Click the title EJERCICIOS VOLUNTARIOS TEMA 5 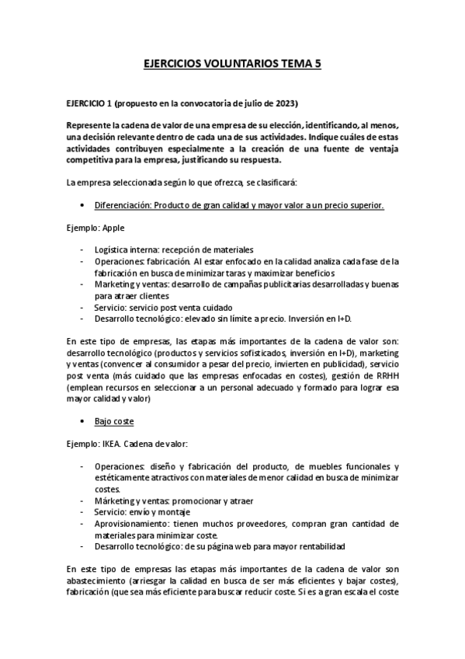pos(233,68)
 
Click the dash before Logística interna pos(82,249)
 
